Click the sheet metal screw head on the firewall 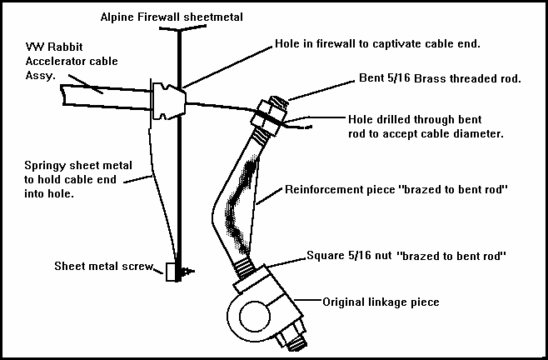[171, 272]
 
